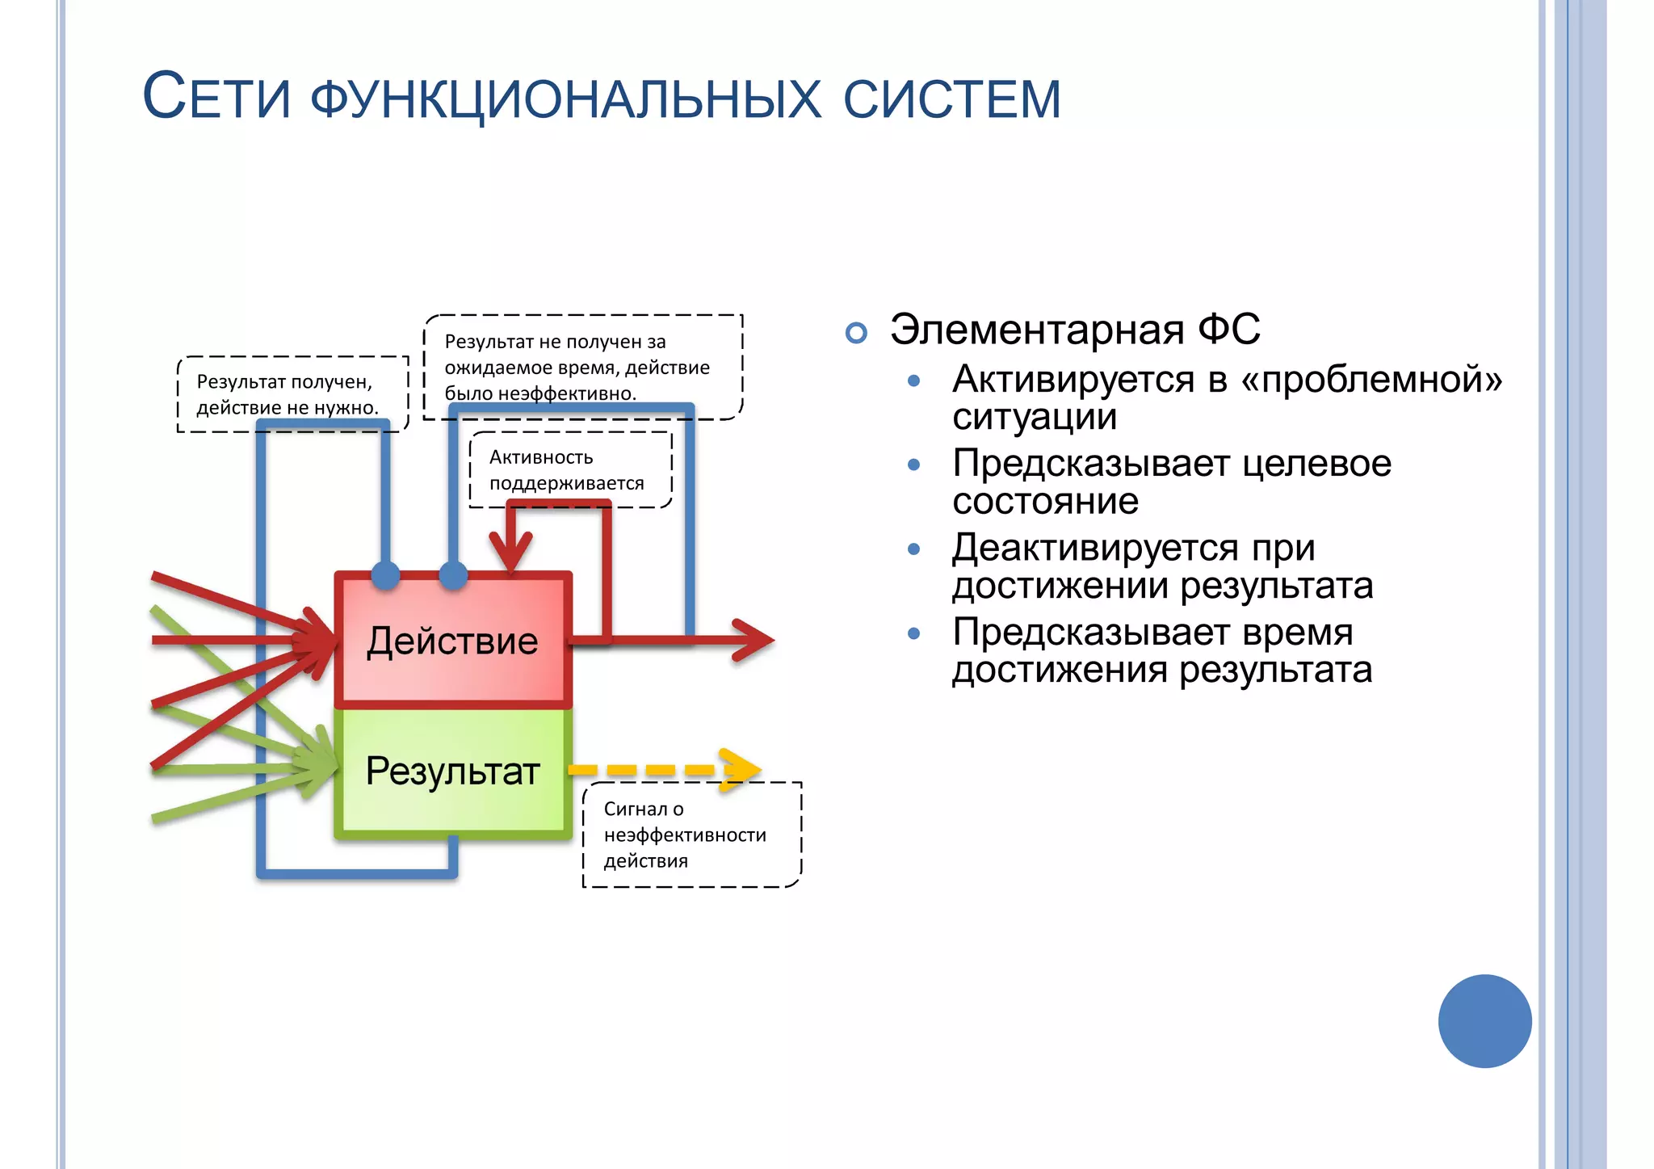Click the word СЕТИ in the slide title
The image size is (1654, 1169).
pyautogui.click(x=216, y=97)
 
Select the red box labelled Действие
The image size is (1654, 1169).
pyautogui.click(x=453, y=641)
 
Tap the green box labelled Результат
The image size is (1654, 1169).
pyautogui.click(x=453, y=772)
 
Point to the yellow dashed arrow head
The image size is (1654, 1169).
pyautogui.click(x=741, y=770)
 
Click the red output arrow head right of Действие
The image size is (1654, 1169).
pyautogui.click(x=756, y=641)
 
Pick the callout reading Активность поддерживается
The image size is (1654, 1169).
pyautogui.click(x=569, y=470)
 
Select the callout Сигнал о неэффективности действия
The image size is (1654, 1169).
pyautogui.click(x=691, y=835)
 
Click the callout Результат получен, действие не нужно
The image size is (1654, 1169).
pyautogui.click(x=292, y=394)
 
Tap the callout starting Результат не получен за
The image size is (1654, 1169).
pyautogui.click(x=581, y=367)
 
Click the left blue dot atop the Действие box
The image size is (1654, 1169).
pyautogui.click(x=385, y=575)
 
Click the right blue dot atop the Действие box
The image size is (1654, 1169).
pyautogui.click(x=453, y=575)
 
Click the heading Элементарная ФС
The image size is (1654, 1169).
pyautogui.click(x=1074, y=330)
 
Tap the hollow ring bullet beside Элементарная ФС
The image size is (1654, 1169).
pyautogui.click(x=856, y=332)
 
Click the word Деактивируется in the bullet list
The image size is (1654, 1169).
pyautogui.click(x=1094, y=548)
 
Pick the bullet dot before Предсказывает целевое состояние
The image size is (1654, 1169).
pyautogui.click(x=913, y=465)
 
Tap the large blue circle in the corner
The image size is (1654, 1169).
pyautogui.click(x=1484, y=1021)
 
